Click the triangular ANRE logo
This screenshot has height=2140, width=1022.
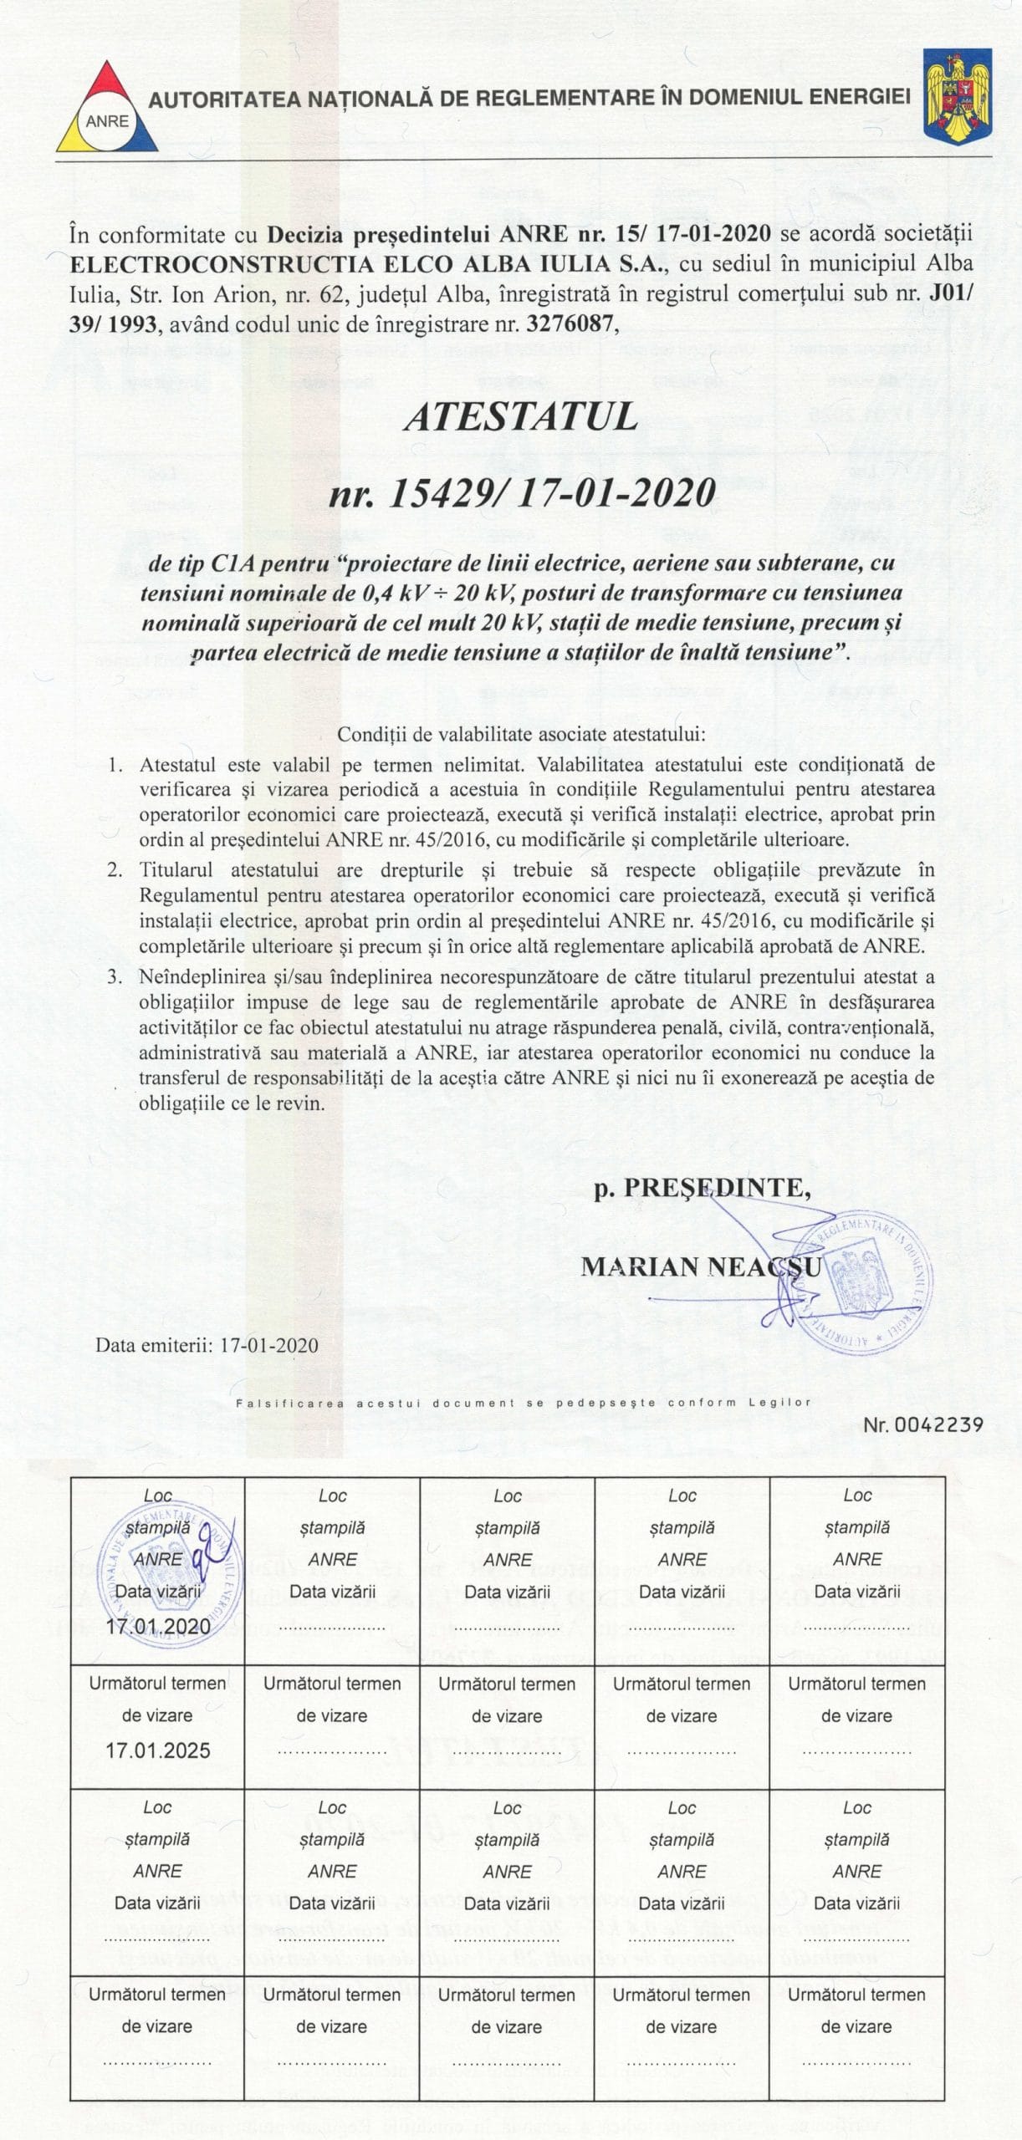point(106,110)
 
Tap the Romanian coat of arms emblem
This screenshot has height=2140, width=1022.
point(958,94)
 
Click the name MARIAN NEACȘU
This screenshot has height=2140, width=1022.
point(689,1266)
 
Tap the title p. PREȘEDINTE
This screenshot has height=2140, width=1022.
point(702,1189)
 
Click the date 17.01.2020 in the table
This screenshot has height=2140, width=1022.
point(158,1624)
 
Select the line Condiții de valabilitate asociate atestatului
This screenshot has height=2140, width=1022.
point(521,735)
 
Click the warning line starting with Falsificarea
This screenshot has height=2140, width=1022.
point(524,1403)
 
